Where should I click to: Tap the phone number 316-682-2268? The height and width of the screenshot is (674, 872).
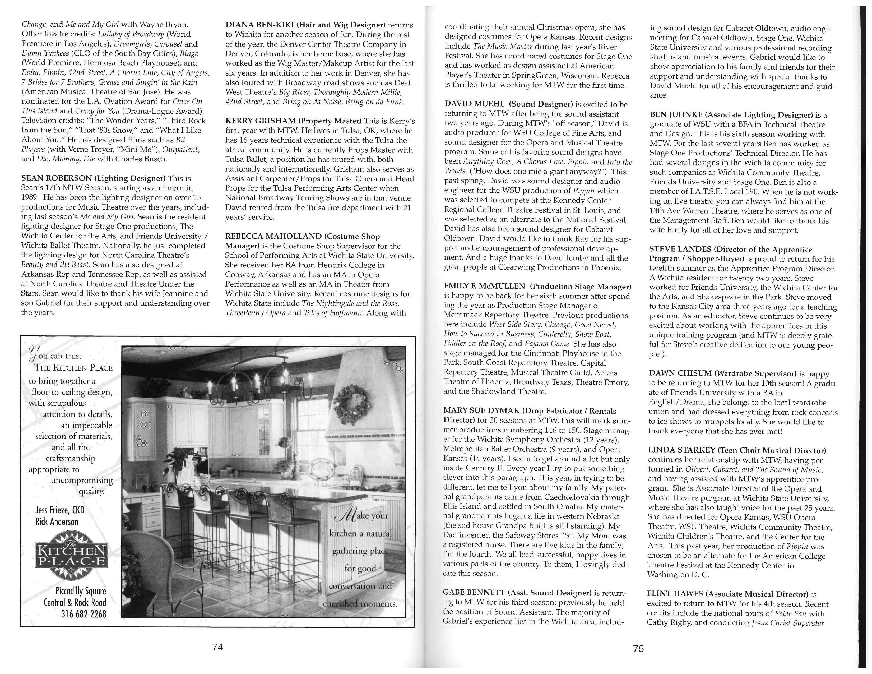(x=84, y=614)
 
